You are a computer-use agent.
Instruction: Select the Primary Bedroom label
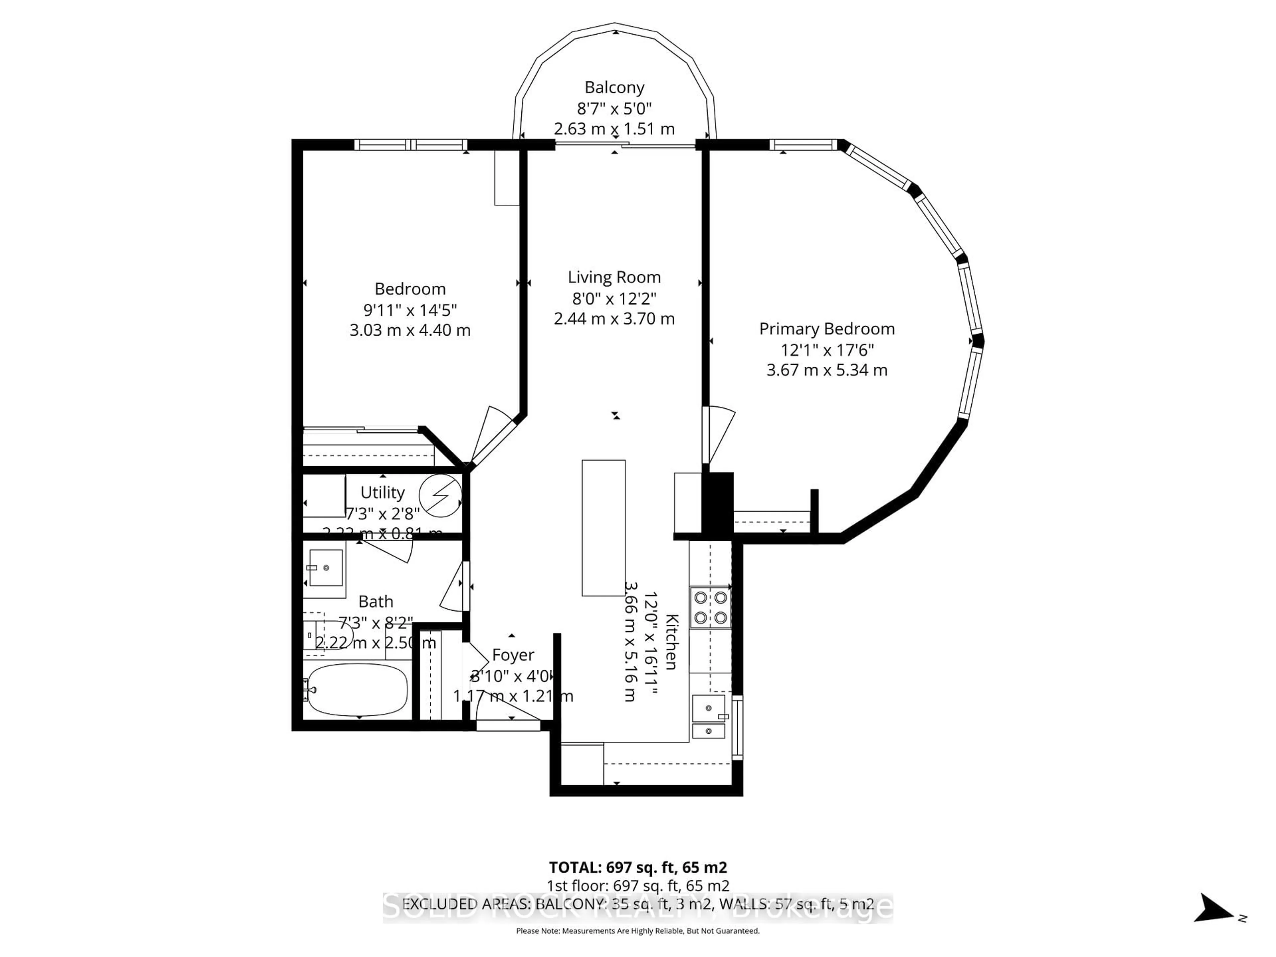tap(827, 329)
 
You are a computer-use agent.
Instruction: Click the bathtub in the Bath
tap(357, 690)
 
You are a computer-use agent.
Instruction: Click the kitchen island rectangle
tap(603, 528)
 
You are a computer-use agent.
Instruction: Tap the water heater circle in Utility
tap(440, 495)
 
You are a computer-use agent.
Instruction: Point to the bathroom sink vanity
tap(325, 568)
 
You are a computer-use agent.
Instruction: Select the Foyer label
tap(513, 655)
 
